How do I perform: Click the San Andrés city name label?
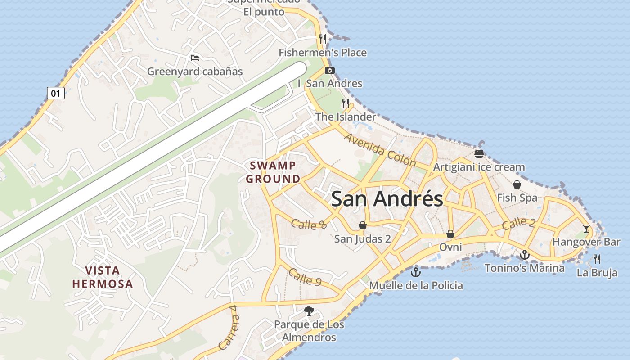point(387,198)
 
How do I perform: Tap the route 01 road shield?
point(56,93)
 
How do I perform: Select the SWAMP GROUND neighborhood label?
point(273,172)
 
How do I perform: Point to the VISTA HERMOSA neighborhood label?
point(103,277)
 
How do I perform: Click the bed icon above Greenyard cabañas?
point(195,58)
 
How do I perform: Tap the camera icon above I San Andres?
point(330,70)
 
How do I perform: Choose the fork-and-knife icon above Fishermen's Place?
point(322,39)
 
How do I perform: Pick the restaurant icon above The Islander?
point(346,103)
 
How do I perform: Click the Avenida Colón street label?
point(380,148)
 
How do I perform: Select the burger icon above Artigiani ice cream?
point(479,154)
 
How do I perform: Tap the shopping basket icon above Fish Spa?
point(517,184)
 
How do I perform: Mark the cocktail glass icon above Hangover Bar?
point(586,229)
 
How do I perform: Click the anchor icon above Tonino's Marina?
point(524,255)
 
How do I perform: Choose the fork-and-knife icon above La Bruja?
point(597,259)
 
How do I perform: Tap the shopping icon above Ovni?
point(450,234)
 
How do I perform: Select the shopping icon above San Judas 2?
point(362,225)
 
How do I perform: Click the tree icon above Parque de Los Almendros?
point(309,310)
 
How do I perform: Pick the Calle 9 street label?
point(305,277)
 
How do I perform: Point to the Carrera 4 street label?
point(229,328)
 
